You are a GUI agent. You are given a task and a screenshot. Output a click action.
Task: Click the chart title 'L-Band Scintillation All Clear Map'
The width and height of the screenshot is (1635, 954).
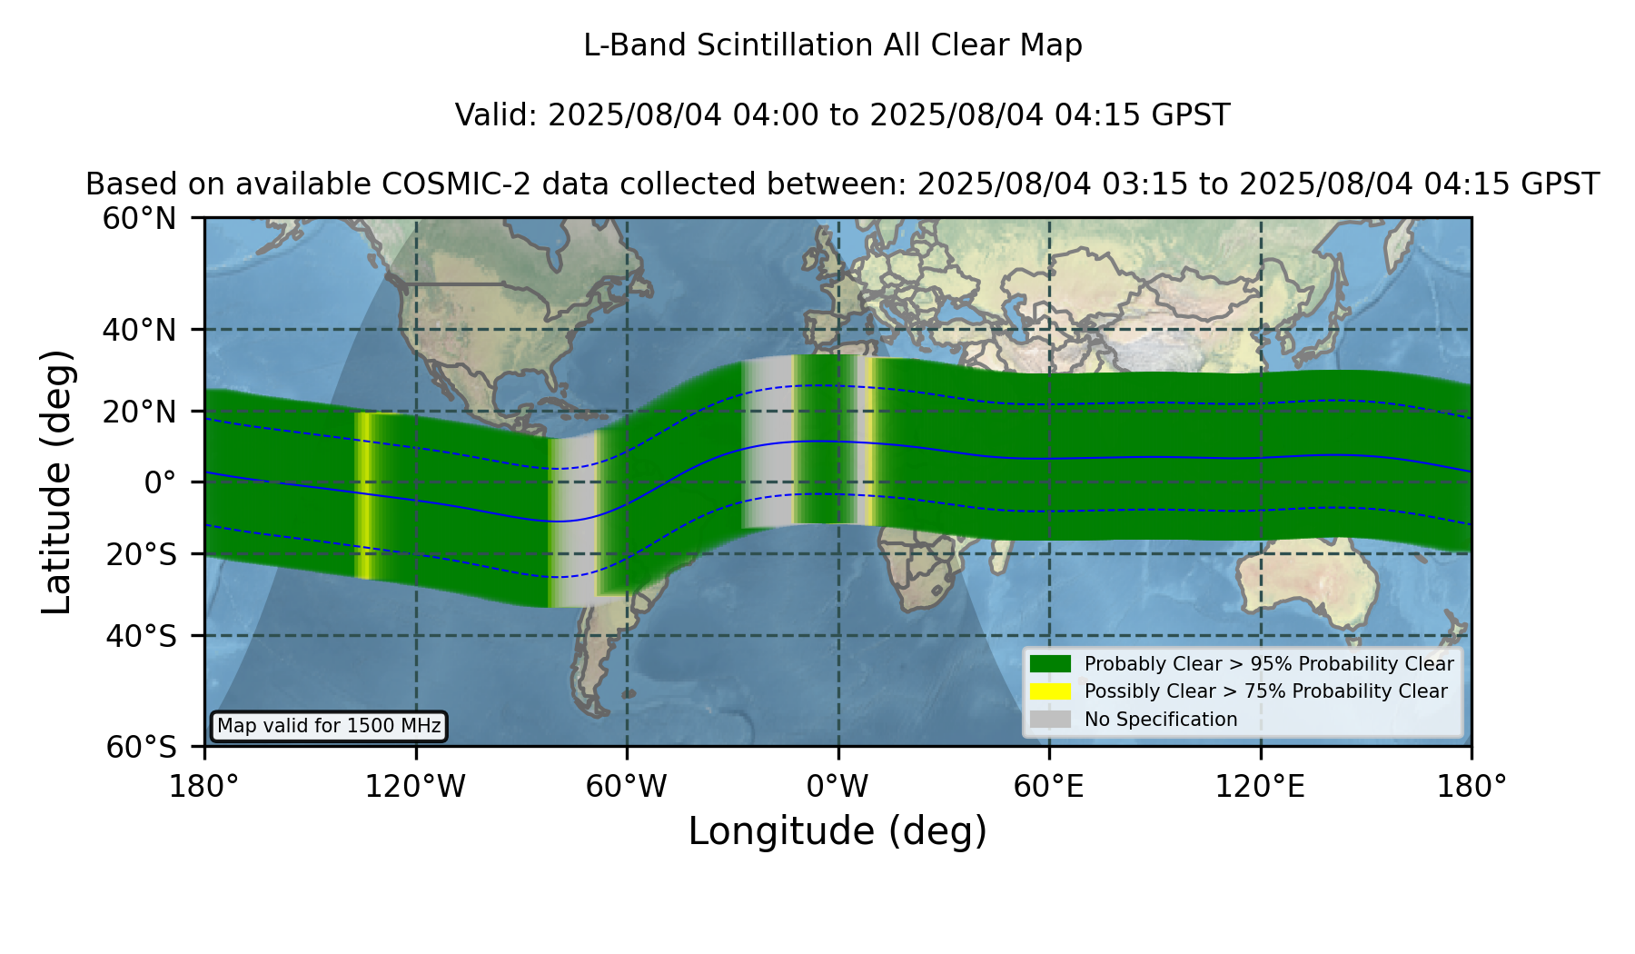click(832, 45)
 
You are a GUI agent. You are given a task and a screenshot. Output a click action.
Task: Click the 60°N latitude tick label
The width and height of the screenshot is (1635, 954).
click(140, 219)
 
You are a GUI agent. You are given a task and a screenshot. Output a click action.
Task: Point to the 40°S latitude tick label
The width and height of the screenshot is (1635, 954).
click(141, 636)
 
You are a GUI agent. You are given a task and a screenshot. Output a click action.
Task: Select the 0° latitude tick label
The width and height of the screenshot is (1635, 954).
click(160, 482)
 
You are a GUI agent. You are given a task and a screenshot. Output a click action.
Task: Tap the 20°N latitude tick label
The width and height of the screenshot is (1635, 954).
click(140, 412)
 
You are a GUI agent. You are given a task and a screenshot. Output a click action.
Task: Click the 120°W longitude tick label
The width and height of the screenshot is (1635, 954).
click(415, 787)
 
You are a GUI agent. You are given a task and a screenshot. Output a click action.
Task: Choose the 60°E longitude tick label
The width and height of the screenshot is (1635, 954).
click(1049, 787)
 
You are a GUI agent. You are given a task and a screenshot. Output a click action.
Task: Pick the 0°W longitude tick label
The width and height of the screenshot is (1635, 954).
click(837, 787)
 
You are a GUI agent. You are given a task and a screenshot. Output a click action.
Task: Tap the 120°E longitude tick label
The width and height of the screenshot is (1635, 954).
click(1260, 787)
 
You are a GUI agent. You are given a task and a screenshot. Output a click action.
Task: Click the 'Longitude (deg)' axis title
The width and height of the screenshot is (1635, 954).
click(837, 831)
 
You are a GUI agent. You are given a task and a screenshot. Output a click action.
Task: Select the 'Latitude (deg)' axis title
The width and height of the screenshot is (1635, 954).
click(56, 482)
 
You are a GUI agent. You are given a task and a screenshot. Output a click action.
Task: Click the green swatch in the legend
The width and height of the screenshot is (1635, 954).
click(1051, 663)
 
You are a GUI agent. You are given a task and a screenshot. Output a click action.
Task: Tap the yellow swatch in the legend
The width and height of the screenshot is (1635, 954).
click(1051, 691)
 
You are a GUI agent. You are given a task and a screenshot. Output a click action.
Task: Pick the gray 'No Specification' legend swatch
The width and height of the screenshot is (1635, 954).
click(1051, 720)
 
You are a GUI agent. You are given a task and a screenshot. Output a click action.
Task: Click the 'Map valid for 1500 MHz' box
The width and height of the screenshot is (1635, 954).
click(329, 726)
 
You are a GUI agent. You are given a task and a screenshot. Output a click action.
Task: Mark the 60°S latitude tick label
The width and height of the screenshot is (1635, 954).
click(141, 747)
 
